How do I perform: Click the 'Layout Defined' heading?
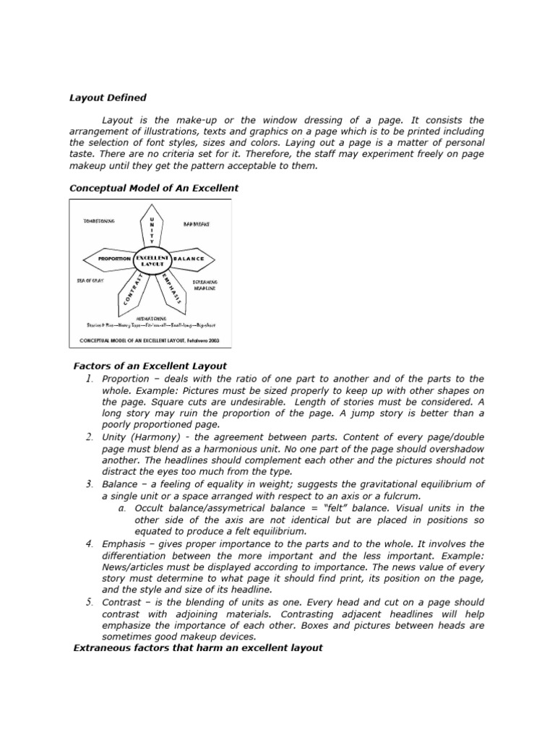[x=108, y=98]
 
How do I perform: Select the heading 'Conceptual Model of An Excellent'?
[x=154, y=188]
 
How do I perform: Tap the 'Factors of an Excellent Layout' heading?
[x=150, y=366]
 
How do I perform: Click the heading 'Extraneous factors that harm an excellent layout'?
[x=199, y=648]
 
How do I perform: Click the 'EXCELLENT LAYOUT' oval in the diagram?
[x=152, y=261]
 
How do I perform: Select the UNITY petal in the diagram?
[x=151, y=229]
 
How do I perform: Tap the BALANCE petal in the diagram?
[x=190, y=259]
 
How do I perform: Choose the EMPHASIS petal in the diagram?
[x=171, y=288]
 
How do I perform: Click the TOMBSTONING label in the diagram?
[x=100, y=222]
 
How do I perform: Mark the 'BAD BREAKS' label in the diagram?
[x=196, y=225]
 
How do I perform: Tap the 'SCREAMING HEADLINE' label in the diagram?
[x=205, y=285]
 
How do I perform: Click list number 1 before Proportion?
[x=88, y=379]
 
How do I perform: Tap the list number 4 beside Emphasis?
[x=88, y=543]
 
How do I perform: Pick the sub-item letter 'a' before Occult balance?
[x=122, y=509]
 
